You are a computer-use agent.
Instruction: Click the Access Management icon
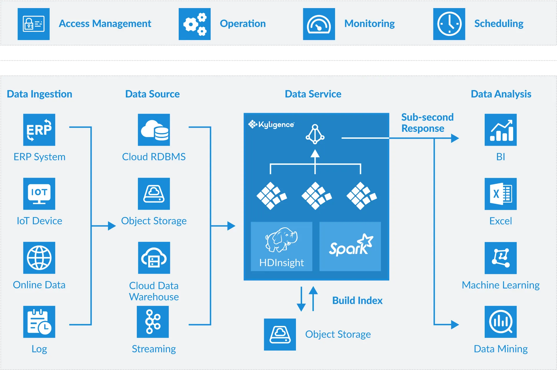(x=34, y=24)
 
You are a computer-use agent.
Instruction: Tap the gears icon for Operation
(x=195, y=24)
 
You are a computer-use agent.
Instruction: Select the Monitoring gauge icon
(x=319, y=24)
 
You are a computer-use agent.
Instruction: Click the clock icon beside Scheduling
(x=449, y=24)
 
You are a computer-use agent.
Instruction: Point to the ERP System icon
(x=39, y=130)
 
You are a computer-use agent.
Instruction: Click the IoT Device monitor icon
(x=39, y=194)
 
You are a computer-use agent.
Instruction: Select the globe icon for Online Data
(x=39, y=258)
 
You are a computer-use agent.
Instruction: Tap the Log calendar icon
(x=39, y=322)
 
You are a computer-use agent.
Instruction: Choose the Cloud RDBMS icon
(x=154, y=130)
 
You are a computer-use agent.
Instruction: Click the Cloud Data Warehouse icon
(x=154, y=258)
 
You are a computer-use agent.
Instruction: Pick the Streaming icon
(x=153, y=322)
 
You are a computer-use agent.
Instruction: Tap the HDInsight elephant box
(x=281, y=246)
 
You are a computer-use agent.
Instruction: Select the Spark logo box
(x=350, y=246)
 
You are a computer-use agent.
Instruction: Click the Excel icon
(x=500, y=194)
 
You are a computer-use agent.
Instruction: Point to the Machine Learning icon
(x=500, y=258)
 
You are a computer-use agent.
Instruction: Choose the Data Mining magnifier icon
(x=500, y=322)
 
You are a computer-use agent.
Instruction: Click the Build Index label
(x=357, y=300)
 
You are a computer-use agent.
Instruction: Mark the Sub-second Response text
(x=427, y=123)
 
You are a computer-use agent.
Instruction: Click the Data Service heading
(x=313, y=94)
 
